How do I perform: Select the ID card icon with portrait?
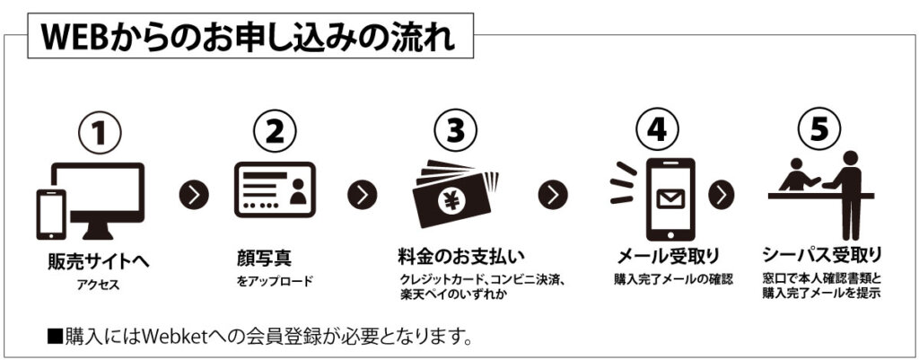[274, 192]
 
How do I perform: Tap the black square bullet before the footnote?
[55, 338]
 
